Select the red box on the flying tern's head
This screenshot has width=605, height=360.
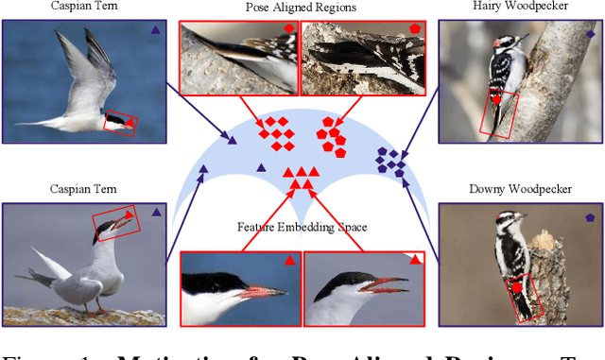(120, 123)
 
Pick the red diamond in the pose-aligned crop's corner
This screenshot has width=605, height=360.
(289, 29)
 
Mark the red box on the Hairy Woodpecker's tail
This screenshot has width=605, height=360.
(499, 114)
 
